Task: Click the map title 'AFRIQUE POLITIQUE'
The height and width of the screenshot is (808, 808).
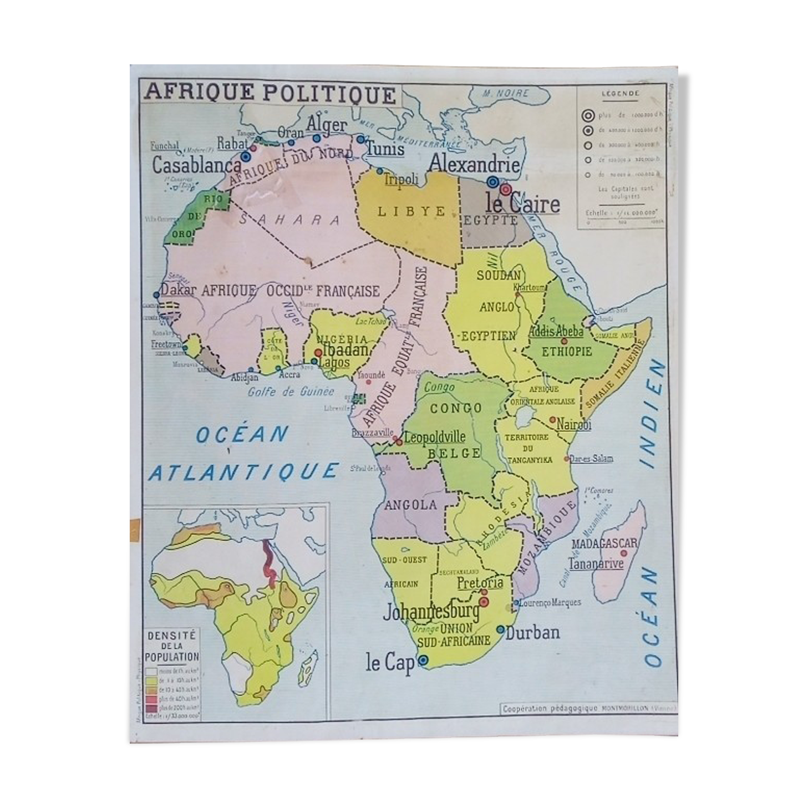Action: pyautogui.click(x=270, y=93)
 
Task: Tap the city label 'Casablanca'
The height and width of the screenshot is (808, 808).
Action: pyautogui.click(x=196, y=165)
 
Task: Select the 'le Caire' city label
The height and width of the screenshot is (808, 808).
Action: pyautogui.click(x=522, y=204)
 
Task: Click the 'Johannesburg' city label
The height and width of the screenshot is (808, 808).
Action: pyautogui.click(x=431, y=612)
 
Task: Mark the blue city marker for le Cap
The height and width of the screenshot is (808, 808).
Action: pyautogui.click(x=424, y=660)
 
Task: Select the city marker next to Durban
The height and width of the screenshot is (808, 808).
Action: pyautogui.click(x=501, y=630)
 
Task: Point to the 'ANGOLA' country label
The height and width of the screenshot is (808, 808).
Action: pyautogui.click(x=411, y=505)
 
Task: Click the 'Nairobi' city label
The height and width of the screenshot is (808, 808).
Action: pyautogui.click(x=574, y=424)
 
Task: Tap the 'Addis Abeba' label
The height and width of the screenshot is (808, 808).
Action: pyautogui.click(x=556, y=331)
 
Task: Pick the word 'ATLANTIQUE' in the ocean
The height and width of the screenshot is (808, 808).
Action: pyautogui.click(x=243, y=472)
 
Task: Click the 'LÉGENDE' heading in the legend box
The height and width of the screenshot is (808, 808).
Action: pyautogui.click(x=620, y=94)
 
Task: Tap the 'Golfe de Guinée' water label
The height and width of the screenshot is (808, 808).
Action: pyautogui.click(x=291, y=392)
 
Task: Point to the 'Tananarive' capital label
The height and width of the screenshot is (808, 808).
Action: pyautogui.click(x=596, y=563)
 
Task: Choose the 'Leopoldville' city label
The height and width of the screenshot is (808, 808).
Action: pyautogui.click(x=434, y=438)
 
